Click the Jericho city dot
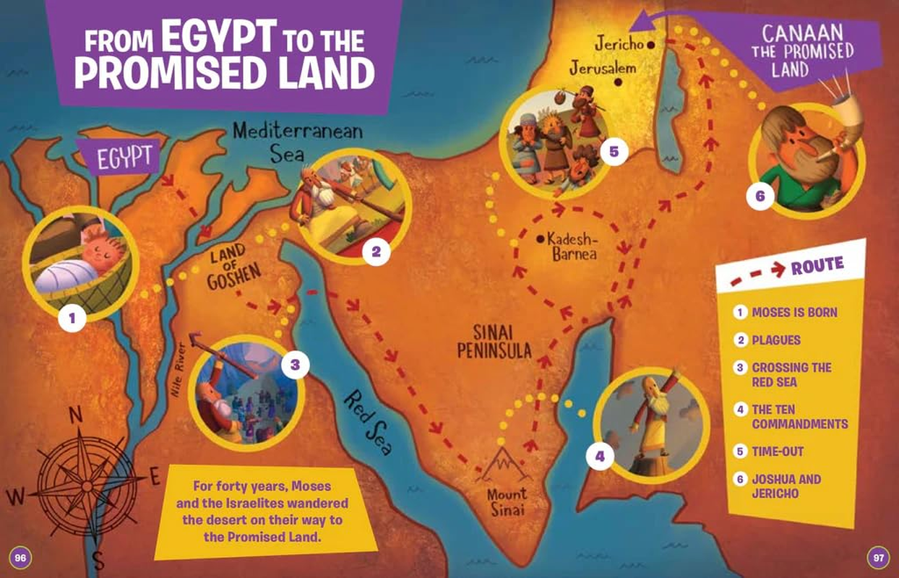point(651,45)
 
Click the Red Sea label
point(368,422)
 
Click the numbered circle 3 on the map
point(295,366)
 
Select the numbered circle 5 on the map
point(614,152)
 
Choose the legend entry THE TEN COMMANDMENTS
point(799,417)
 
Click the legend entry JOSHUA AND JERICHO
point(786,486)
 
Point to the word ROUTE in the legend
point(817,266)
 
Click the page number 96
point(20,557)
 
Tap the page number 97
point(878,557)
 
